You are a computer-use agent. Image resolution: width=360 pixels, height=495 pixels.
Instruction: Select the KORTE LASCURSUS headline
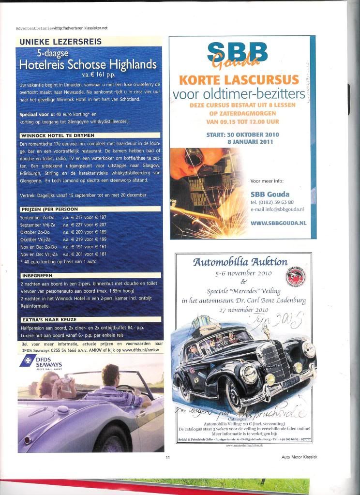239,79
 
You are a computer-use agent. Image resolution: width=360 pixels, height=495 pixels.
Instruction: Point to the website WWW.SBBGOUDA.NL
278,223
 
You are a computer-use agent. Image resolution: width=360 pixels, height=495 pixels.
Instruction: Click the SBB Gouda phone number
272,202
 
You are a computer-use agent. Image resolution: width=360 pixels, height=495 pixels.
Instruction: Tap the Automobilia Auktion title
240,262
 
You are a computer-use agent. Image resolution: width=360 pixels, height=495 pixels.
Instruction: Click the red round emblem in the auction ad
295,276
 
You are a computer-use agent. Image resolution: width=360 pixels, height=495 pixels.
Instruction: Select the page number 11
167,457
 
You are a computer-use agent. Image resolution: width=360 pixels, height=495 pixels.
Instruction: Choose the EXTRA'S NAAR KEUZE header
48,320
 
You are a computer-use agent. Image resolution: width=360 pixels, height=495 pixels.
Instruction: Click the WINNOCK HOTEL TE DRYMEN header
57,135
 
